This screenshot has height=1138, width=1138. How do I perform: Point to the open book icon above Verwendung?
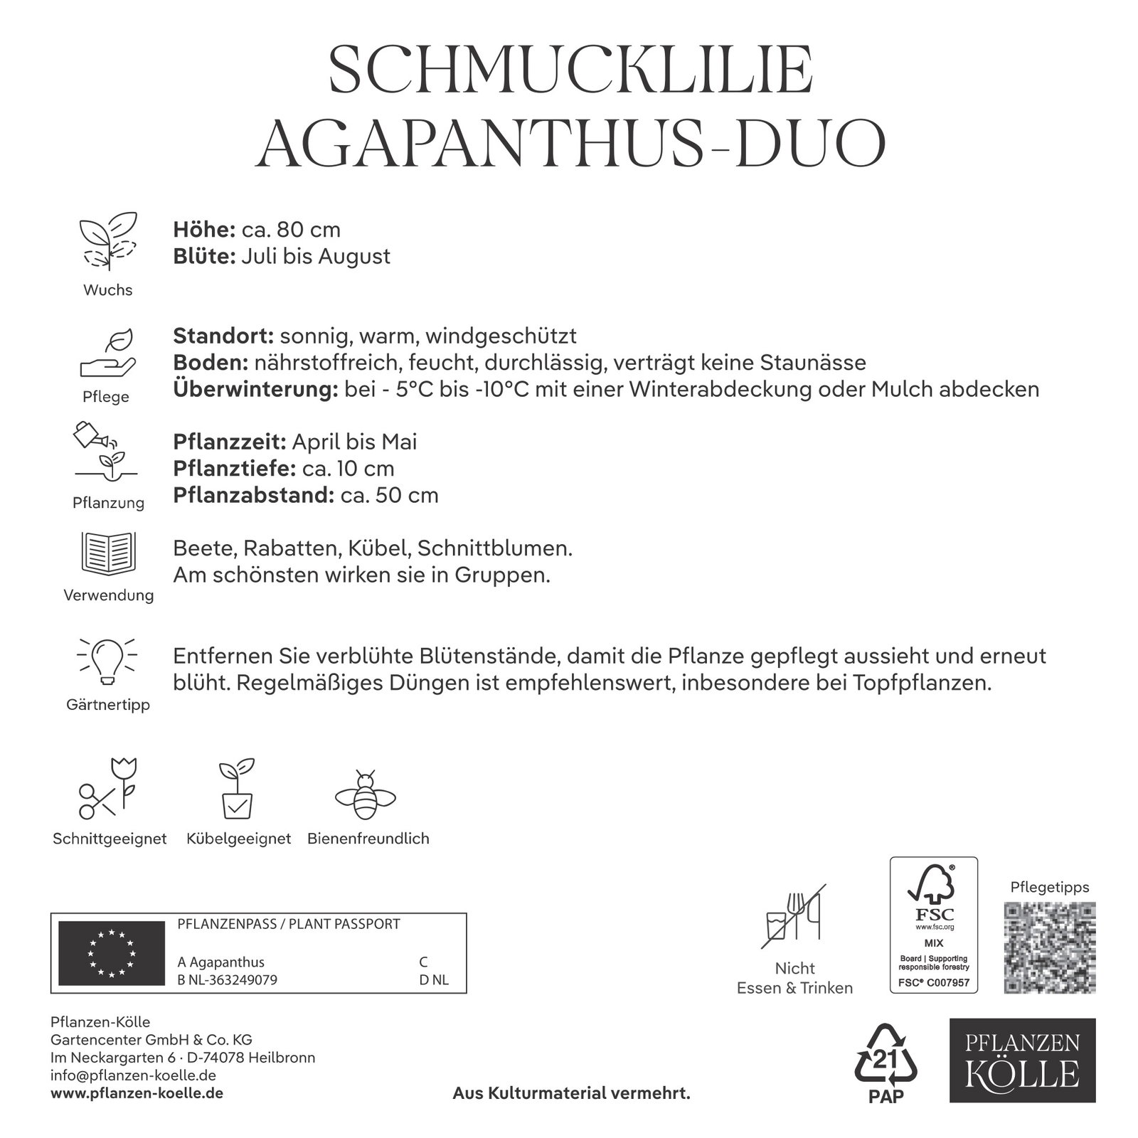(x=108, y=553)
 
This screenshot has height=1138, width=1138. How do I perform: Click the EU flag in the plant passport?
(x=110, y=953)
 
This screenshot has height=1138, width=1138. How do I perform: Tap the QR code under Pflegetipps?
(x=1050, y=947)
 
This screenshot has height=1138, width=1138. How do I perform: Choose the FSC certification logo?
(x=934, y=925)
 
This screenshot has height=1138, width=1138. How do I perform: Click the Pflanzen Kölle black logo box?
(x=1023, y=1060)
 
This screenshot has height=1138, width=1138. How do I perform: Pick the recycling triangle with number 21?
(x=886, y=1056)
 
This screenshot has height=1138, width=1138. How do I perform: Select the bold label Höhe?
(x=204, y=230)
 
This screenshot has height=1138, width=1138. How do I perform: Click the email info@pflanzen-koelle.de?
(x=133, y=1075)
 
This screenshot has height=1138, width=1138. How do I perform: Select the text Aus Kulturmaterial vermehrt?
(x=572, y=1093)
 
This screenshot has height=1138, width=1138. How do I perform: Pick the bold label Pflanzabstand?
(x=253, y=495)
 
